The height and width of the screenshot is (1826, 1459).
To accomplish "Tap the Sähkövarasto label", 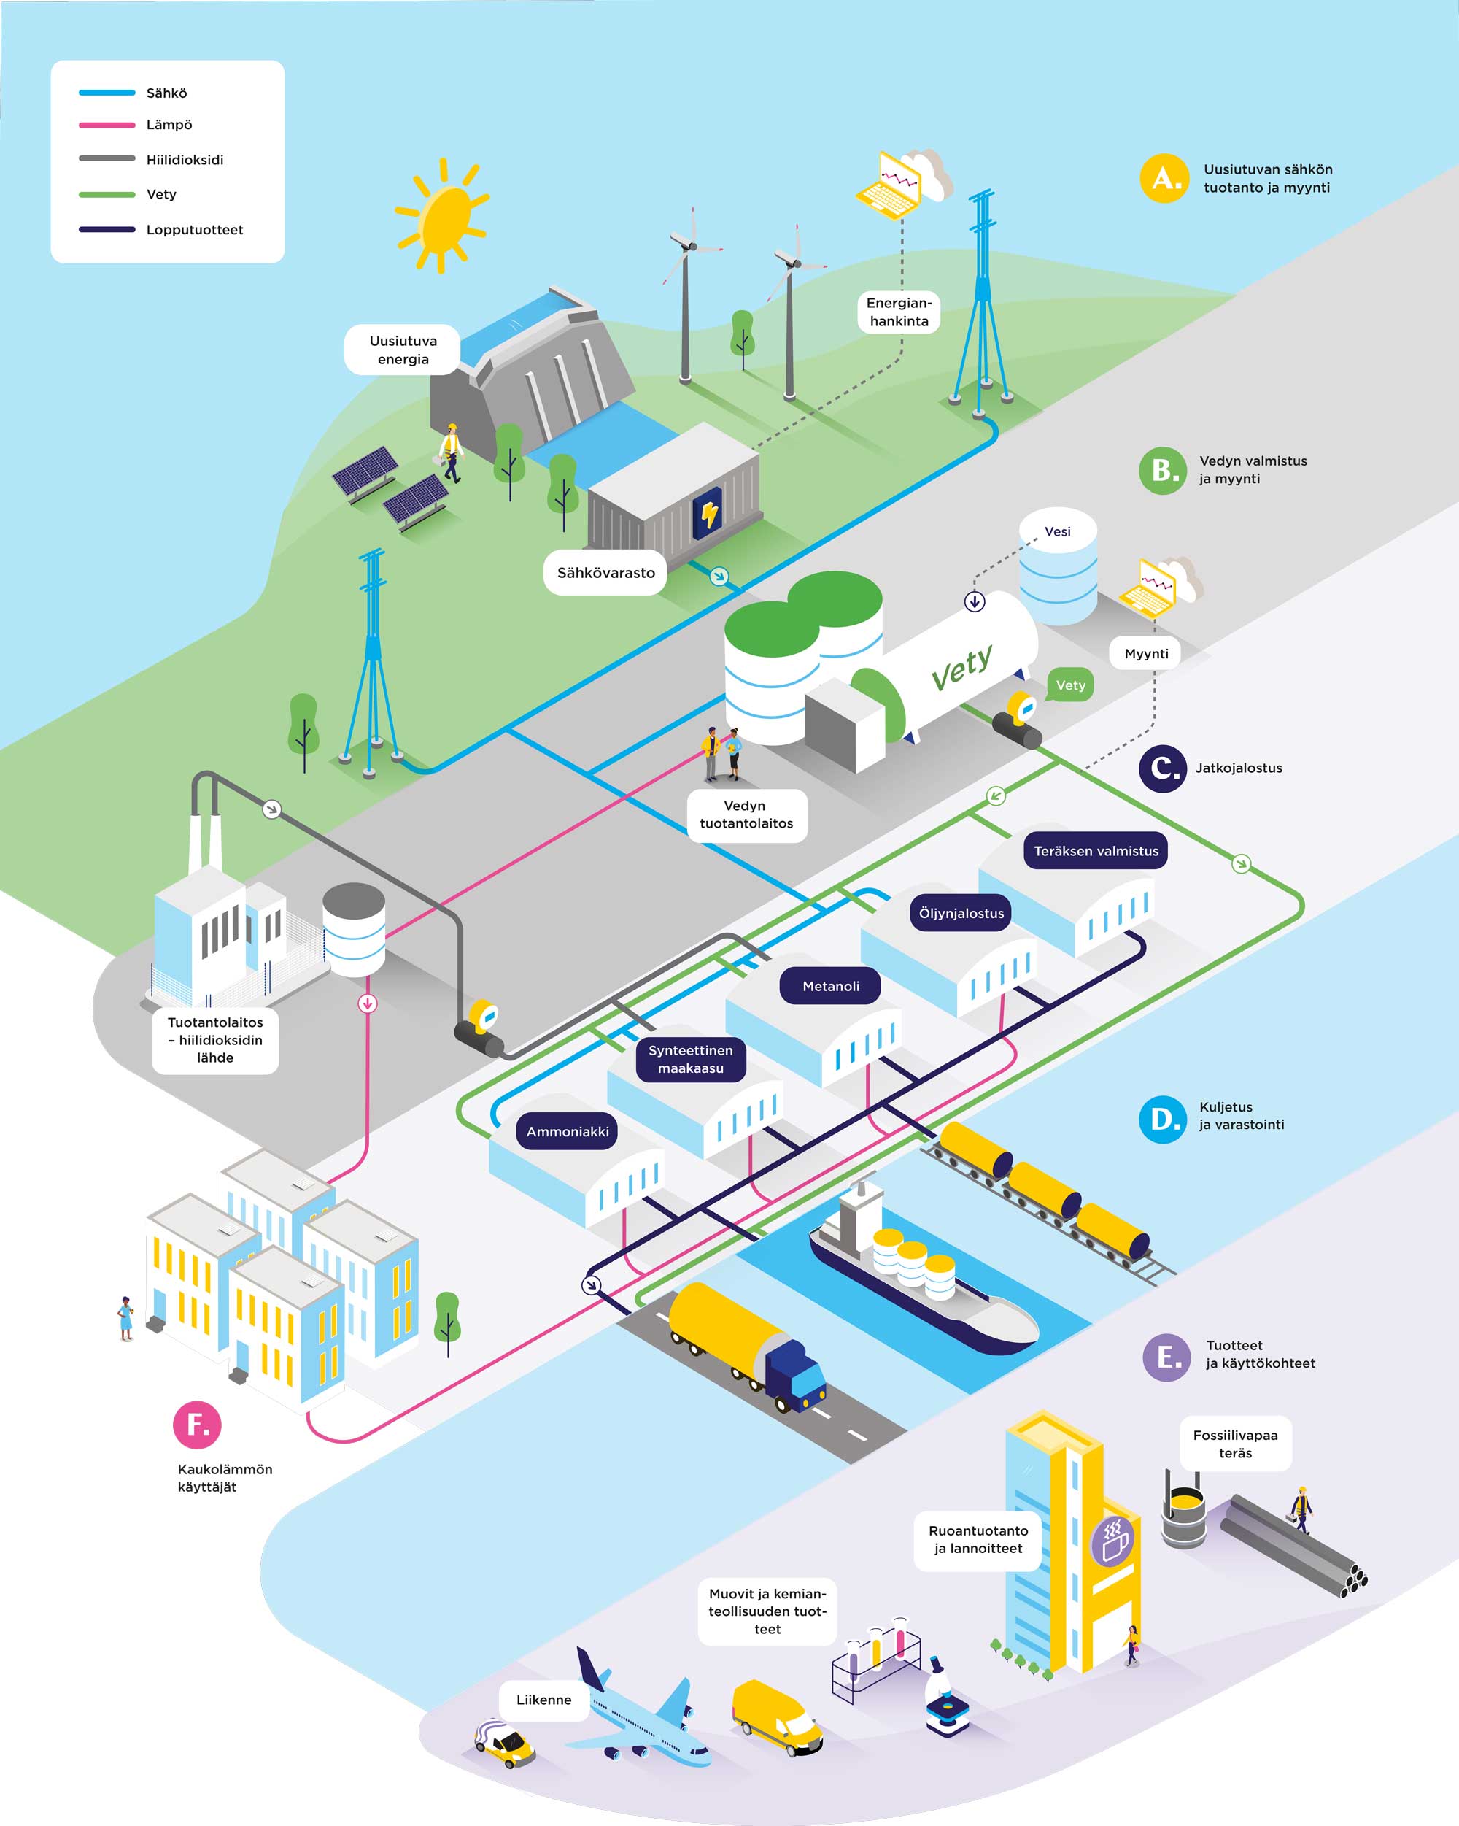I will (x=605, y=572).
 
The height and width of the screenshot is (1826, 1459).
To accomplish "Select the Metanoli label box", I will (x=830, y=986).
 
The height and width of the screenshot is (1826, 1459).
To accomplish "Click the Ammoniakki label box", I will (x=568, y=1131).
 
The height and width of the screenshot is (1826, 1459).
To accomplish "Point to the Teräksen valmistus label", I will (x=1095, y=850).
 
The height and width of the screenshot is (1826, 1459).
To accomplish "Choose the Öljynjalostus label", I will (x=961, y=913).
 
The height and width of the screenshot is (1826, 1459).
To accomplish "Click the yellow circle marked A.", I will (x=1164, y=178).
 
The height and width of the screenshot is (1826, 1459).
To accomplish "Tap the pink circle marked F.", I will (x=197, y=1425).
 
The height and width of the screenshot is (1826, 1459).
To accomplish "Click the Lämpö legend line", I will (x=107, y=126).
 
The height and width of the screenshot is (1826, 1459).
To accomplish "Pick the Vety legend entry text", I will (x=161, y=194).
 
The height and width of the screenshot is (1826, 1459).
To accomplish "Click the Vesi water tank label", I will (x=1057, y=532).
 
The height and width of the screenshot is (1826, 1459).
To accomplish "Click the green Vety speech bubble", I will (x=1070, y=685).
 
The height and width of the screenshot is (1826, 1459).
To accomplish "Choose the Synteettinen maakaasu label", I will (x=690, y=1059).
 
